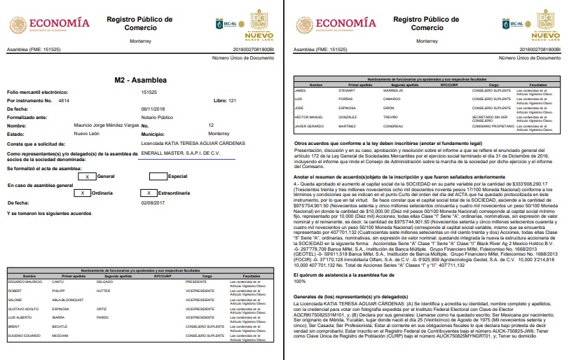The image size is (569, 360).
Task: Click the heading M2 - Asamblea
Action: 142,81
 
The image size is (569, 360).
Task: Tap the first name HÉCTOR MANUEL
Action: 309,117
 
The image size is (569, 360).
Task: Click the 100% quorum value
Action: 300,262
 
